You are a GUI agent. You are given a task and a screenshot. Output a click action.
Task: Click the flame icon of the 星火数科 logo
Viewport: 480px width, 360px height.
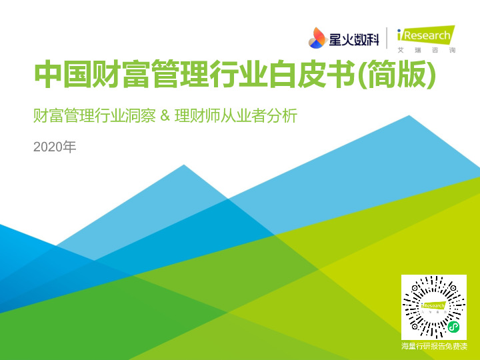click(x=317, y=38)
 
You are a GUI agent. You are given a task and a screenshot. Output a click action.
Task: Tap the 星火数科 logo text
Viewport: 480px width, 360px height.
click(x=353, y=39)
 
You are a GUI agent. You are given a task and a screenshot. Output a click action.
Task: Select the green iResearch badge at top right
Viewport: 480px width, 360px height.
click(x=424, y=35)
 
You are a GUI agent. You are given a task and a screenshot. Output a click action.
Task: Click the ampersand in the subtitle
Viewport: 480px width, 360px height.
click(x=166, y=117)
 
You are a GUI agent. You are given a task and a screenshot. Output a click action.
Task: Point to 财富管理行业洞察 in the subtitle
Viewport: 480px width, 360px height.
click(x=96, y=117)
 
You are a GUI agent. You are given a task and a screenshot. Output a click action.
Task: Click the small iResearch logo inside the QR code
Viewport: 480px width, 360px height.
click(x=433, y=305)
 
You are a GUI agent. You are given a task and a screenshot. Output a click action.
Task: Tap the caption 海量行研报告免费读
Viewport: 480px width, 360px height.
click(x=434, y=346)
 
